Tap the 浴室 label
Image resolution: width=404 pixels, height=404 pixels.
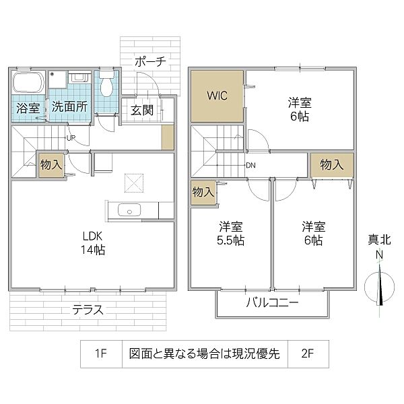(x=28, y=106)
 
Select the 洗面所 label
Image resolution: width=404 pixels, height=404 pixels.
(x=69, y=106)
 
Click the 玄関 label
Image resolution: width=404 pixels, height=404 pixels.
(x=142, y=110)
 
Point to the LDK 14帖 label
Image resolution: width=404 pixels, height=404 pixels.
(x=93, y=243)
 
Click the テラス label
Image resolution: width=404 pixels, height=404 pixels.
(x=88, y=310)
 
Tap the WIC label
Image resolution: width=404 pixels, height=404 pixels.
(x=216, y=95)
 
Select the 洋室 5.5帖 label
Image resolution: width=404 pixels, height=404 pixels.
(x=230, y=234)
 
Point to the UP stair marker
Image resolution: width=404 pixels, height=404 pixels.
(x=71, y=139)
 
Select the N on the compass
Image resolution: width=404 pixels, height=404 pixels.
(x=379, y=255)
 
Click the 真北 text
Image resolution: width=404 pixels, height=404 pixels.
(x=379, y=240)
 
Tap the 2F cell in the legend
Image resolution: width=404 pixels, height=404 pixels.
(x=306, y=353)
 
